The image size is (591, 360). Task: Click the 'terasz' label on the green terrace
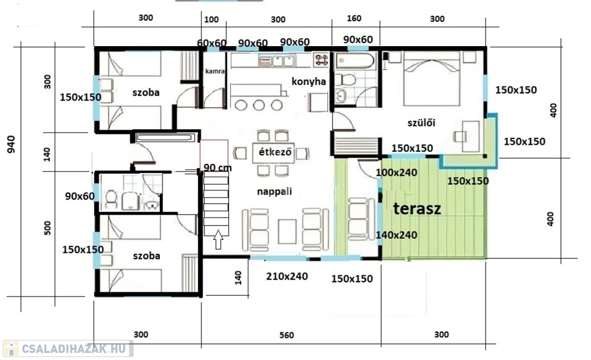[417, 208]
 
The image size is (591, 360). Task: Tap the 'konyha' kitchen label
[309, 81]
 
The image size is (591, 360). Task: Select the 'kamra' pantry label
[215, 71]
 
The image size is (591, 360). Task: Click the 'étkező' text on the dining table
[275, 152]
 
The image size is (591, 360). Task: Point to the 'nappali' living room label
[274, 192]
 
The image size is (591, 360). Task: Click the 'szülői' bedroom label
[421, 122]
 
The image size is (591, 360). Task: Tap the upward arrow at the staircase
[218, 239]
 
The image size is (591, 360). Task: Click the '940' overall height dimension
[12, 144]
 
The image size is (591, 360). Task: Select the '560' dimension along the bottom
[286, 335]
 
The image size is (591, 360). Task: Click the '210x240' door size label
[287, 276]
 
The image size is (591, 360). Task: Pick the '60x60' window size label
[211, 43]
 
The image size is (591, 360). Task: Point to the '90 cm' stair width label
[218, 167]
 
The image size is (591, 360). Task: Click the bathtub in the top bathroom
[356, 61]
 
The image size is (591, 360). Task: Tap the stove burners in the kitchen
[321, 59]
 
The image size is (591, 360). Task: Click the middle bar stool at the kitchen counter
[259, 105]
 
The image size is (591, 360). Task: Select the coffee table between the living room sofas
[287, 231]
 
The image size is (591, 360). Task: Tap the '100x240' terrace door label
[397, 173]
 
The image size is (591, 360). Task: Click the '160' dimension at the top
[354, 18]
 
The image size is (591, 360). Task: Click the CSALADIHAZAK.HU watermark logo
[68, 348]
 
